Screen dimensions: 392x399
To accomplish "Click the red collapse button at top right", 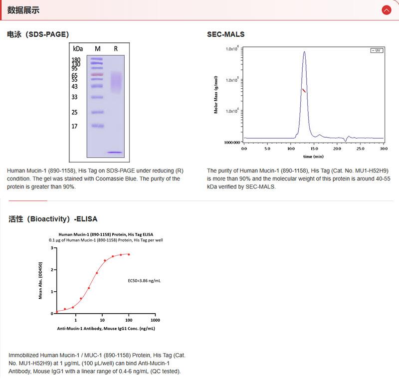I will tap(386, 10).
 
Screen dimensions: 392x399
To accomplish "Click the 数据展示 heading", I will tap(23, 10).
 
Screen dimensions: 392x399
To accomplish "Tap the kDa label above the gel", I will tap(78, 49).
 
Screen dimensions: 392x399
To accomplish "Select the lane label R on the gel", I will tap(116, 49).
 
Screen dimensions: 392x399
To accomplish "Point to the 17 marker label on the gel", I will tap(74, 126).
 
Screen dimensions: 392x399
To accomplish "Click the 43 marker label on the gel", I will tap(74, 86).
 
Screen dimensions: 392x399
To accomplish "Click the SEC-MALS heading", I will tap(226, 34).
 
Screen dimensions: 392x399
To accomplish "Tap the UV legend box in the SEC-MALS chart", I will tap(377, 50).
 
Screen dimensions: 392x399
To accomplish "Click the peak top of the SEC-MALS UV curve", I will tap(304, 51).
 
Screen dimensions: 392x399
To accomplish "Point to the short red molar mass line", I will tap(304, 90).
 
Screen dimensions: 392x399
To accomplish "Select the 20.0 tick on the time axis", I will tap(337, 149).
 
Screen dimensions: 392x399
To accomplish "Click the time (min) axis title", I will tap(314, 156).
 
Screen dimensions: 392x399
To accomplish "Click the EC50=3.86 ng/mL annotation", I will tap(144, 281).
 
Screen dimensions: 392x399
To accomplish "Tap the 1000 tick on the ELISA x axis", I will tap(155, 320).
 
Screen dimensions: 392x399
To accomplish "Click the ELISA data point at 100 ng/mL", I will tap(129, 254).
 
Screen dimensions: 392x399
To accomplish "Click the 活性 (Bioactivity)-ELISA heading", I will tap(53, 218).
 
